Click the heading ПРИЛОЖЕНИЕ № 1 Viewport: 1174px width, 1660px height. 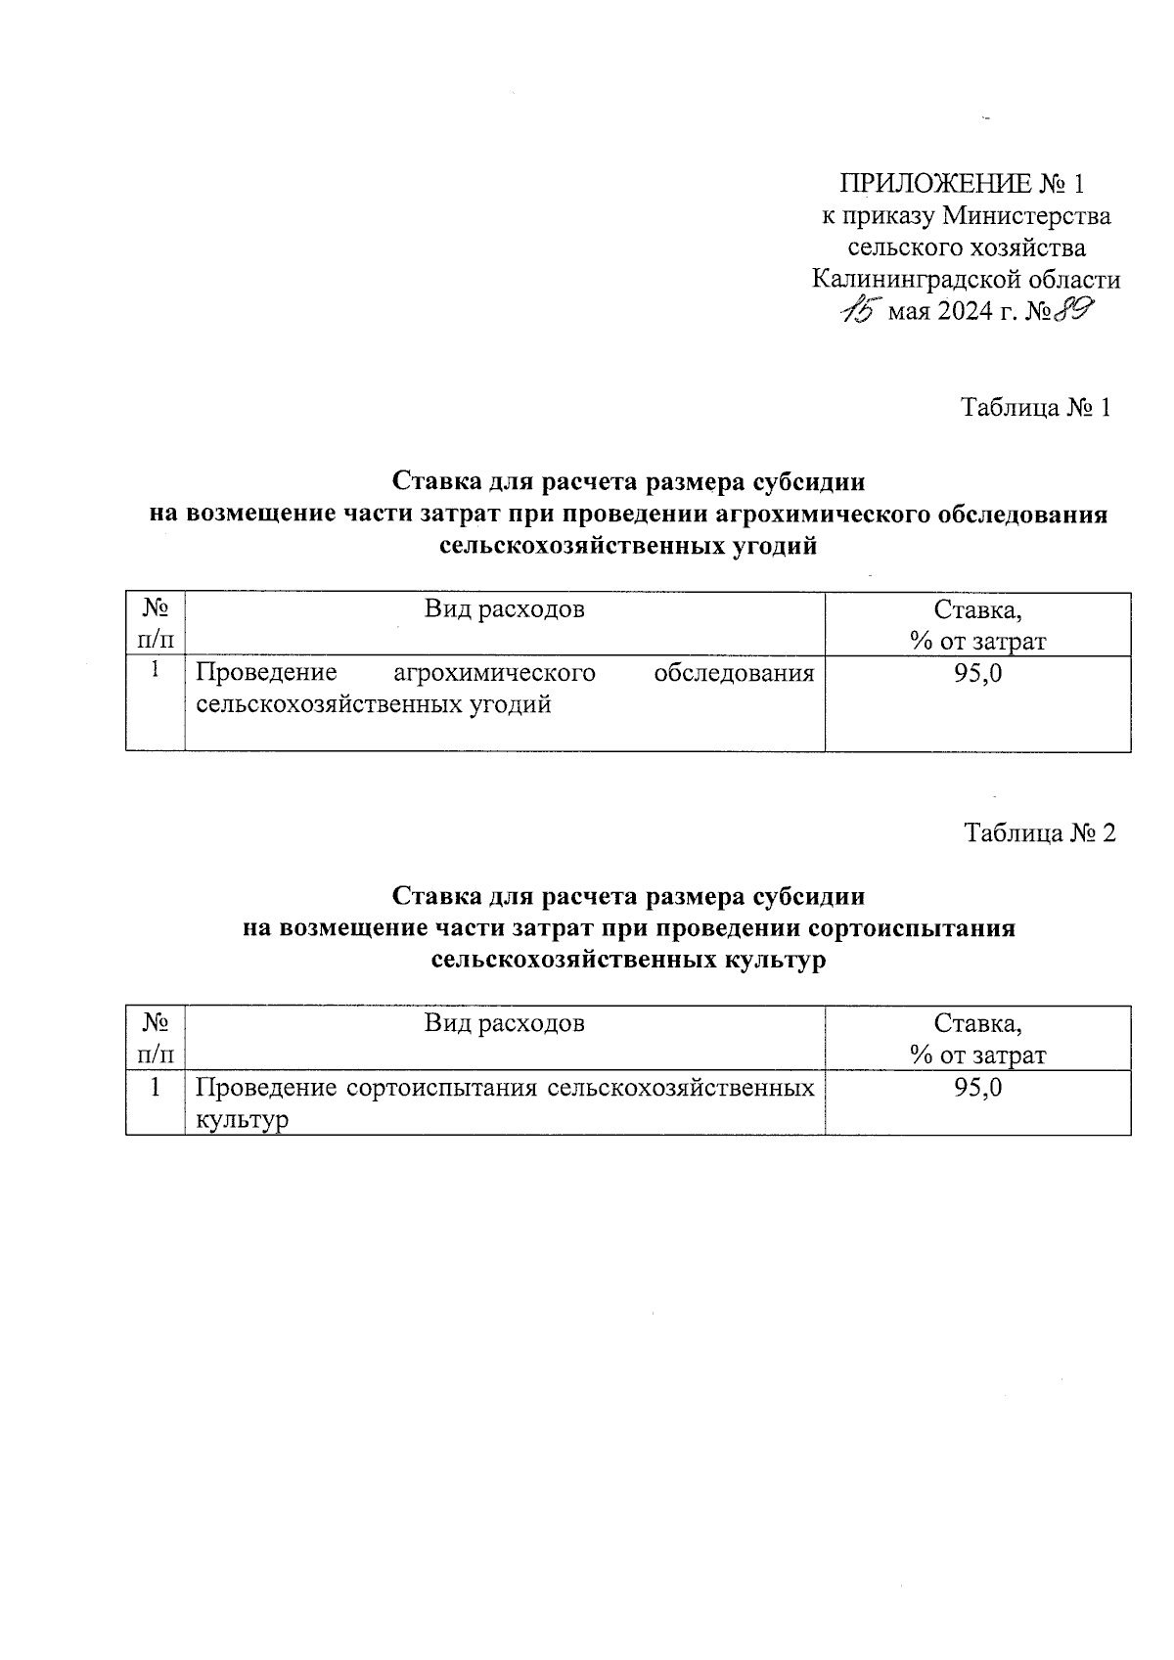(963, 184)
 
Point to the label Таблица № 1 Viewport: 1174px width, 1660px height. (1036, 407)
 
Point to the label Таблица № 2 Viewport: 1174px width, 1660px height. (1039, 832)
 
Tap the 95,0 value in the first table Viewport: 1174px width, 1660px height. (977, 673)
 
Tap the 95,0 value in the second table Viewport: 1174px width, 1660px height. (977, 1088)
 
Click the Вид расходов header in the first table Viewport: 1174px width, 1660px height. (504, 609)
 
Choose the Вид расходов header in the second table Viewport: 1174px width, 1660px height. (504, 1023)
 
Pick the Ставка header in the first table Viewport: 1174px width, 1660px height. (977, 610)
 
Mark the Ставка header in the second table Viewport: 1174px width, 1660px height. (977, 1024)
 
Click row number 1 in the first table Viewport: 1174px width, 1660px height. (155, 672)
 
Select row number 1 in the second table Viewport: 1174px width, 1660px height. (155, 1087)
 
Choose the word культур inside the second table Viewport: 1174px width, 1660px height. (243, 1120)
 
